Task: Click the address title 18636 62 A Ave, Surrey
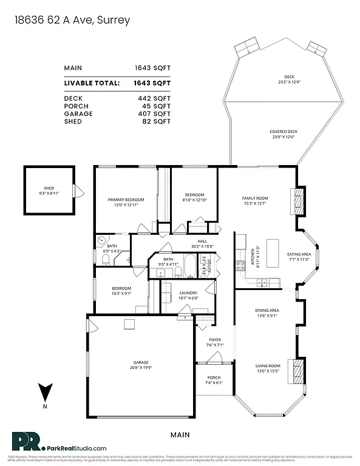71,21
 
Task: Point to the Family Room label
255,201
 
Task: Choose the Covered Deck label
284,134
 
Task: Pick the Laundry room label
188,295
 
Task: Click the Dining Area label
268,312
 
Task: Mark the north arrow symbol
44,391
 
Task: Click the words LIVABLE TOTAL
92,83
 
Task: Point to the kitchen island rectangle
273,250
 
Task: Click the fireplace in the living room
297,370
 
